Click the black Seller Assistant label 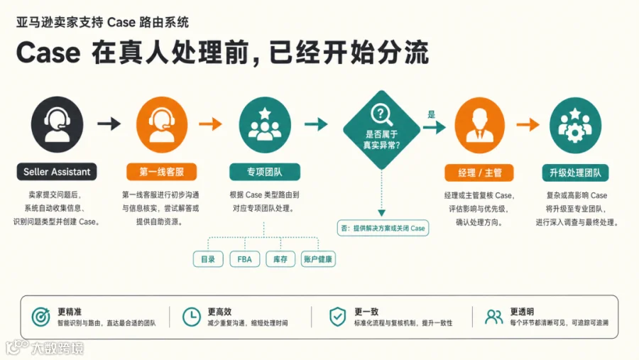pos(57,172)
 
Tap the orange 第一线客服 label pos(161,172)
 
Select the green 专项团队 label pos(265,172)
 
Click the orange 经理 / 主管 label pos(479,173)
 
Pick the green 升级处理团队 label pos(575,173)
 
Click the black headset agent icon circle pos(57,124)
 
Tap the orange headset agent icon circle pos(162,124)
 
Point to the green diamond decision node pos(381,130)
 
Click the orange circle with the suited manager pos(480,125)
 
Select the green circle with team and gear pos(575,125)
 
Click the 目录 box pos(208,259)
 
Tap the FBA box pos(245,259)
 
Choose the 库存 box pos(280,259)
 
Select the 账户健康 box pos(318,259)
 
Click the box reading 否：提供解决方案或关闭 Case pos(383,228)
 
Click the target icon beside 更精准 pos(40,317)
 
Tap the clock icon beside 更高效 pos(191,317)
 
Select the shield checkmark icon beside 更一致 pos(337,317)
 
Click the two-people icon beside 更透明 pos(494,317)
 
